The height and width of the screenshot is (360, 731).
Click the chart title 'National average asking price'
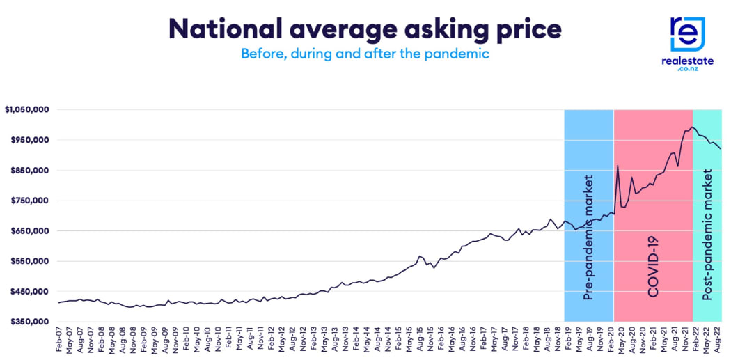[x=365, y=29]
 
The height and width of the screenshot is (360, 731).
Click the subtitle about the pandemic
[x=365, y=54]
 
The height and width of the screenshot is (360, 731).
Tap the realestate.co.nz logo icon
[x=687, y=34]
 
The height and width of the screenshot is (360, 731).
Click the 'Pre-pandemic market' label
[x=589, y=237]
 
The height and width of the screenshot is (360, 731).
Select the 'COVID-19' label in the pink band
[x=653, y=266]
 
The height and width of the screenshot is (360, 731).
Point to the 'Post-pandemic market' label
[x=707, y=237]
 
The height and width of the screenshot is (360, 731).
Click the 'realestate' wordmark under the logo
[x=687, y=62]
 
